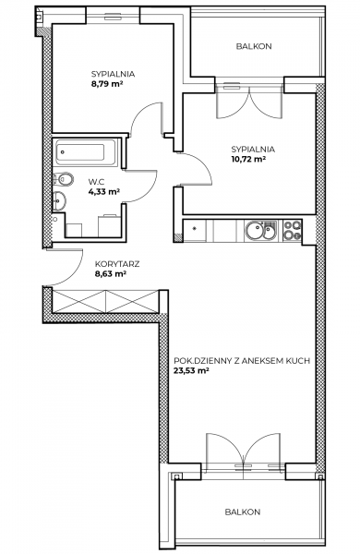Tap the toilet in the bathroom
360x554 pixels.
[63, 179]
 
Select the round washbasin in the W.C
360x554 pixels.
[59, 200]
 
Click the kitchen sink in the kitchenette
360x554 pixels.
[261, 231]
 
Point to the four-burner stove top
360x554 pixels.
[293, 230]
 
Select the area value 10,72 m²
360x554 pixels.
[248, 159]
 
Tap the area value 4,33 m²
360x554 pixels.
[104, 192]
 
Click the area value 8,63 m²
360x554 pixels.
[111, 273]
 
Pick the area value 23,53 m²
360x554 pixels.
[191, 370]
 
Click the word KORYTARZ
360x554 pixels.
[117, 264]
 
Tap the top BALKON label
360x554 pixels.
[254, 46]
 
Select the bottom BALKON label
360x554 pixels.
[243, 512]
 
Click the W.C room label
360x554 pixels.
[96, 182]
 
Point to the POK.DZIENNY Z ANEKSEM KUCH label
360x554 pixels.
[242, 361]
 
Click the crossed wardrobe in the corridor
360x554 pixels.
[105, 301]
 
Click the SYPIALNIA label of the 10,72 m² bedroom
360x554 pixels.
[253, 149]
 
